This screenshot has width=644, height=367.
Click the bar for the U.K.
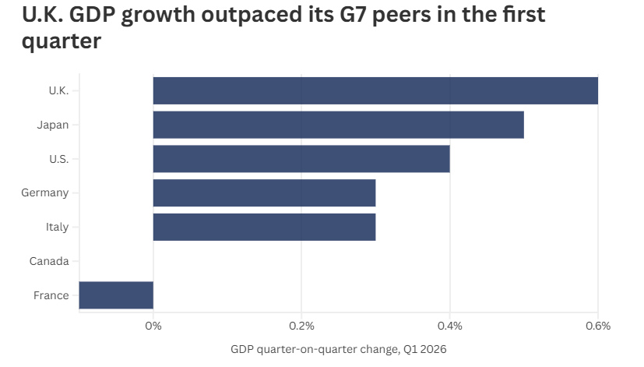[x=375, y=90]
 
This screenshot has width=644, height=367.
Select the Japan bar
[x=339, y=125]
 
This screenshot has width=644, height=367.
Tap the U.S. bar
[x=301, y=159]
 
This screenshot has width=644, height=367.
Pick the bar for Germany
[x=264, y=192]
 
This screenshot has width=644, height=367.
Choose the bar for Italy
[x=264, y=227]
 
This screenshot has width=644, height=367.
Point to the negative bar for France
[x=116, y=295]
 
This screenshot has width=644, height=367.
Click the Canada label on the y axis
[x=49, y=261]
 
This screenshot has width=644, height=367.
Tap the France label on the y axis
[x=51, y=295]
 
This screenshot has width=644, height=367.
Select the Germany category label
[x=44, y=192]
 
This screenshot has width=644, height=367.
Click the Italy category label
[x=57, y=227]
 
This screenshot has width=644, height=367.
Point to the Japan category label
[x=53, y=125]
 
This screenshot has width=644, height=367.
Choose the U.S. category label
[x=58, y=159]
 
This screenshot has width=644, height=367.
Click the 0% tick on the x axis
[x=153, y=326]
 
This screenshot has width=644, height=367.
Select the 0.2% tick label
[x=301, y=326]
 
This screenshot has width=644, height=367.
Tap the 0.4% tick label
[x=450, y=326]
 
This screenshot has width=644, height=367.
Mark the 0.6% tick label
[x=598, y=326]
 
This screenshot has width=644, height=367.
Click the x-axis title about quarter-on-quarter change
[x=339, y=349]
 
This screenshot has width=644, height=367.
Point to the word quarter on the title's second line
[x=62, y=41]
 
